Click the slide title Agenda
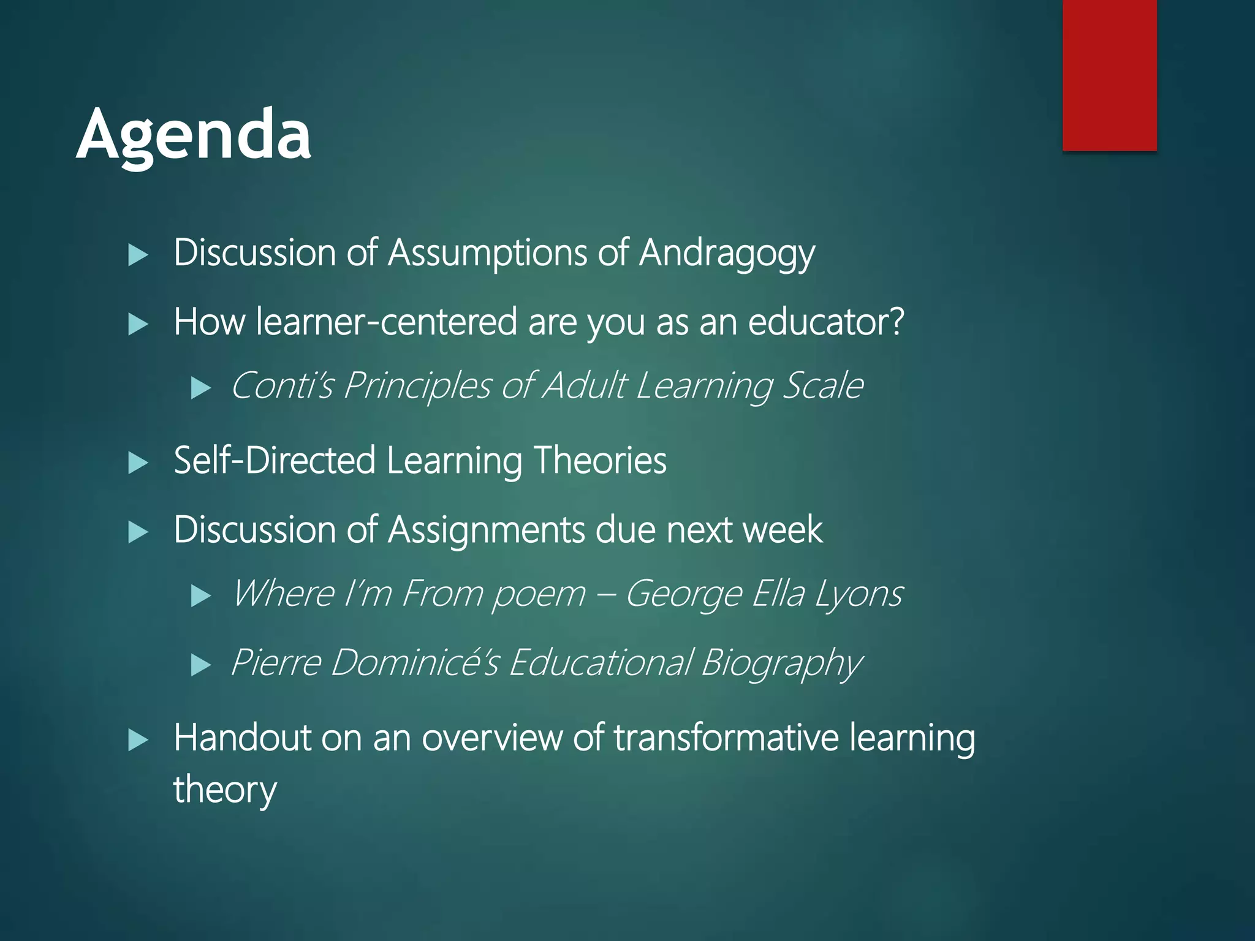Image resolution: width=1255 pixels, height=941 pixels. (194, 135)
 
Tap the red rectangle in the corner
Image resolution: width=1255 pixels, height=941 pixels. (1109, 75)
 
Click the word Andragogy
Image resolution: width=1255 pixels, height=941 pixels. (727, 254)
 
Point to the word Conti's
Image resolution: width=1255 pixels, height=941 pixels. (282, 386)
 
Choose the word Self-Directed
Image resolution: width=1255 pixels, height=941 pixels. (275, 461)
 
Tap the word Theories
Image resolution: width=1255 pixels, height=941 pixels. (600, 461)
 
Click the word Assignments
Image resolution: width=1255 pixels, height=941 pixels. (487, 530)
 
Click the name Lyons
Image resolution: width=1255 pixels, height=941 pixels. (859, 594)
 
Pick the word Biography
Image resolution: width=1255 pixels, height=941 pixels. (781, 663)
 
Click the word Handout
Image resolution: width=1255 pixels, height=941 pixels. (242, 738)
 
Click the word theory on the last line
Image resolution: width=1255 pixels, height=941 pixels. (225, 790)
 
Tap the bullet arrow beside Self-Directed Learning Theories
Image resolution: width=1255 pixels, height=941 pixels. (138, 463)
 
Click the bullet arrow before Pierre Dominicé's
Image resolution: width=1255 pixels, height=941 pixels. (201, 665)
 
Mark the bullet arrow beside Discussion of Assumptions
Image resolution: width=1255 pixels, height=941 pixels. (138, 255)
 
